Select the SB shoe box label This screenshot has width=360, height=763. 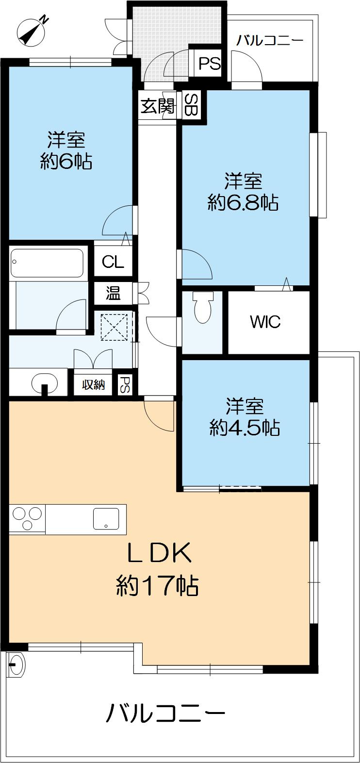coord(192,105)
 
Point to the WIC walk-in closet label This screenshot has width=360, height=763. coord(265,322)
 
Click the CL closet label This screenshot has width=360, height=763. coord(113,262)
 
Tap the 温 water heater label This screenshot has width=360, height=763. coord(113,293)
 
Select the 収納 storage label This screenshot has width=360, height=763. coord(93,385)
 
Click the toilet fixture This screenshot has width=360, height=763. coord(202,307)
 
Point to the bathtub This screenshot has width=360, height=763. coord(47,263)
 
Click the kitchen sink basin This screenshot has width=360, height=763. coord(106,518)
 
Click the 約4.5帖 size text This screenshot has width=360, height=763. coord(244,427)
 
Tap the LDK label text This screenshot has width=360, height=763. coord(160,553)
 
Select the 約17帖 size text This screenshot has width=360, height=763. coord(157,585)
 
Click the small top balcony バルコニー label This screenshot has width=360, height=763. coord(270,40)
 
